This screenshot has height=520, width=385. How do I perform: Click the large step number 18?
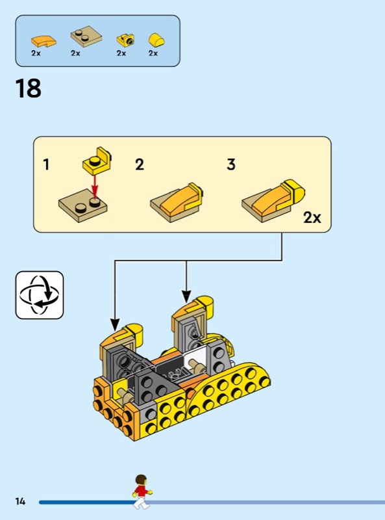point(29,88)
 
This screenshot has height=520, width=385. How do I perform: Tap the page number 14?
point(20,500)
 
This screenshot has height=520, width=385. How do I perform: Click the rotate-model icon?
point(40,295)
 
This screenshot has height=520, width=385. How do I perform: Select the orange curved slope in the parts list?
point(43,42)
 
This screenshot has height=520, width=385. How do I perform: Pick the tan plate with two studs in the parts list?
point(86,36)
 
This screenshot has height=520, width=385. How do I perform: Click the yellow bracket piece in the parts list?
point(125,41)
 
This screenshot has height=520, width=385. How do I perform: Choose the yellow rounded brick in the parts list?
point(156,40)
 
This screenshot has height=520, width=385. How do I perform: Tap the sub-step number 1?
point(46,164)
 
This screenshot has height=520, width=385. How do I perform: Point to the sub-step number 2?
point(140,164)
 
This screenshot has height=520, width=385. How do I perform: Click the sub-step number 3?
point(231,164)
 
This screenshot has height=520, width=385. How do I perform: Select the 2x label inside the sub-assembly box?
point(312,218)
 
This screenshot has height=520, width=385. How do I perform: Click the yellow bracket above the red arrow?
point(97,161)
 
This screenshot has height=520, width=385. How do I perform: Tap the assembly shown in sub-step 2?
point(177,202)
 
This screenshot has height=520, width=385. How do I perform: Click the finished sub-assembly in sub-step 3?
point(273,201)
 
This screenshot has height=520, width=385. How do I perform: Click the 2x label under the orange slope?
point(36,53)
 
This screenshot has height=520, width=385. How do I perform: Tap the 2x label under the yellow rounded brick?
point(153,53)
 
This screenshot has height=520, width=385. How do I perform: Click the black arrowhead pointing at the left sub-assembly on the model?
point(115,324)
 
